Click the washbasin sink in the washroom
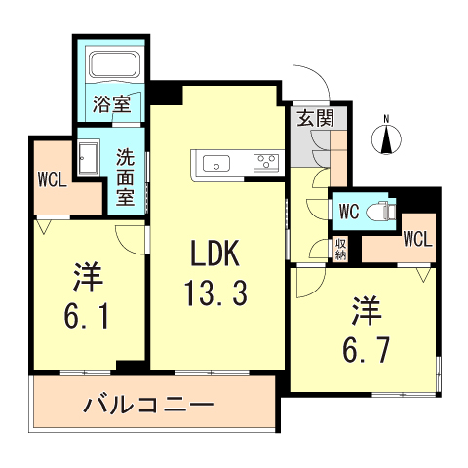pos(89,155)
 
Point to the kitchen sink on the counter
pos(214,163)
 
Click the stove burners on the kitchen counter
pos(266,163)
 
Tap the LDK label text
pos(214,256)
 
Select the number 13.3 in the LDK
pos(214,290)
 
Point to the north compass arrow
pos(388,140)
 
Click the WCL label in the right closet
pos(417,237)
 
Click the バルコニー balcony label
pos(147,402)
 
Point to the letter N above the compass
pos(388,120)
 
